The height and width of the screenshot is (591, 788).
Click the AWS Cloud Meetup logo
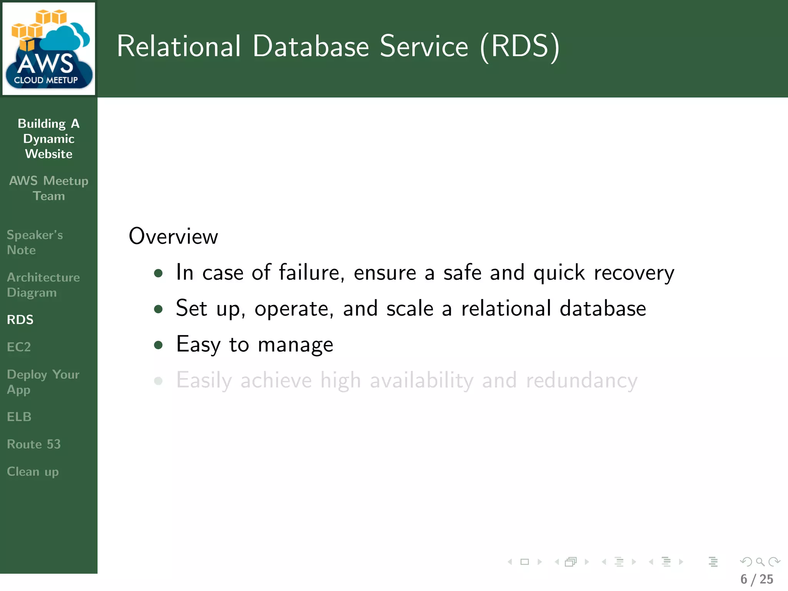pyautogui.click(x=48, y=48)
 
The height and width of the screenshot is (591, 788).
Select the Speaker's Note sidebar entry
pyautogui.click(x=35, y=242)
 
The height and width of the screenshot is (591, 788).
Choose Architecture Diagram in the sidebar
pyautogui.click(x=43, y=285)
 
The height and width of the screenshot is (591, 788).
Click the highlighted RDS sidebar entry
pyautogui.click(x=20, y=320)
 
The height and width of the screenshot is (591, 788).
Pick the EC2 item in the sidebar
pyautogui.click(x=18, y=347)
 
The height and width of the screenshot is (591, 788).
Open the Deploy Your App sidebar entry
pyautogui.click(x=43, y=382)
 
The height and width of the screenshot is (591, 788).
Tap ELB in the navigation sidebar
pyautogui.click(x=19, y=417)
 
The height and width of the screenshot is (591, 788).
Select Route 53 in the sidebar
pyautogui.click(x=34, y=444)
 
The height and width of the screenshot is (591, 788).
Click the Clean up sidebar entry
pyautogui.click(x=33, y=472)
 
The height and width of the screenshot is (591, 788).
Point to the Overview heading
pyautogui.click(x=173, y=236)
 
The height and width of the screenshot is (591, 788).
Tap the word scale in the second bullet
pyautogui.click(x=410, y=309)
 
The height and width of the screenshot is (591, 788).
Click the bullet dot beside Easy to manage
pyautogui.click(x=158, y=345)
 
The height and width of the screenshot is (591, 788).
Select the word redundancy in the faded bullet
pyautogui.click(x=581, y=381)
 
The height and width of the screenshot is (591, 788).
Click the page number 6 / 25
pyautogui.click(x=756, y=579)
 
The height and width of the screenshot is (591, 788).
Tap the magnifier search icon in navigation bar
pyautogui.click(x=760, y=562)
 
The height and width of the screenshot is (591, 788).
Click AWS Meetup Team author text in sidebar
pyautogui.click(x=48, y=188)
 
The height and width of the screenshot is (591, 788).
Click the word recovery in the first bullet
pyautogui.click(x=634, y=273)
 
